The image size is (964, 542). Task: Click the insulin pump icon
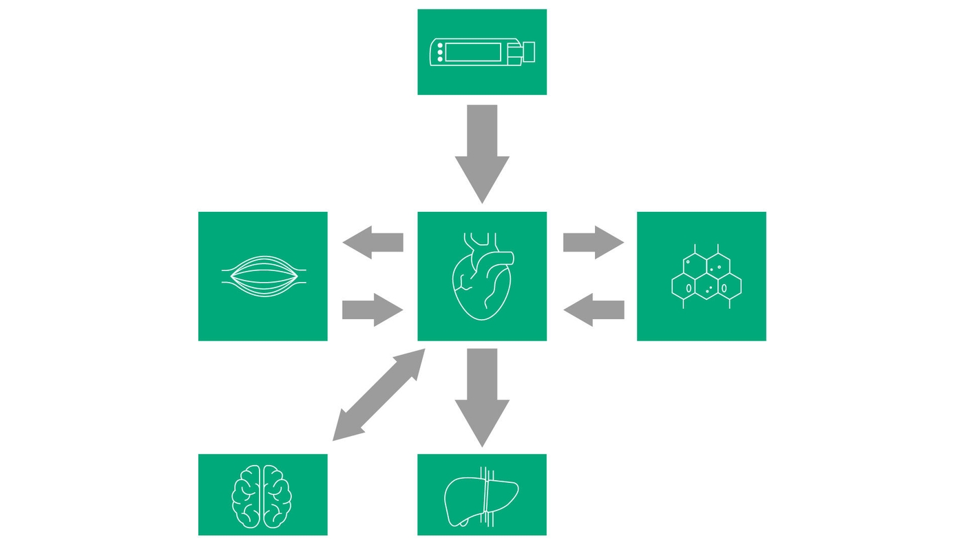481,52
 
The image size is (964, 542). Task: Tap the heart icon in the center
481,279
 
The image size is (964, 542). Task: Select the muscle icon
263,277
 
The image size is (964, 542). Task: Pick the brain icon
262,496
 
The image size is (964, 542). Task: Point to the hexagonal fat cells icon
706,277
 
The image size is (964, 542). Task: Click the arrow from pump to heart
482,151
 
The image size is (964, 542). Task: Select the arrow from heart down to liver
482,395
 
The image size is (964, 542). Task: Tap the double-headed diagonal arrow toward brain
379,395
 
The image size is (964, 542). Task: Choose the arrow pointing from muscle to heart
373,310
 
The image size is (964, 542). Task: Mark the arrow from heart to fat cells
593,242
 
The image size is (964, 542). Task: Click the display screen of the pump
472,52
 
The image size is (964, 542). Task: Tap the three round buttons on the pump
440,52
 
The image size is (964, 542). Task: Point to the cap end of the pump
528,52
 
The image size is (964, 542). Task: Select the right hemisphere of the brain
277,496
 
